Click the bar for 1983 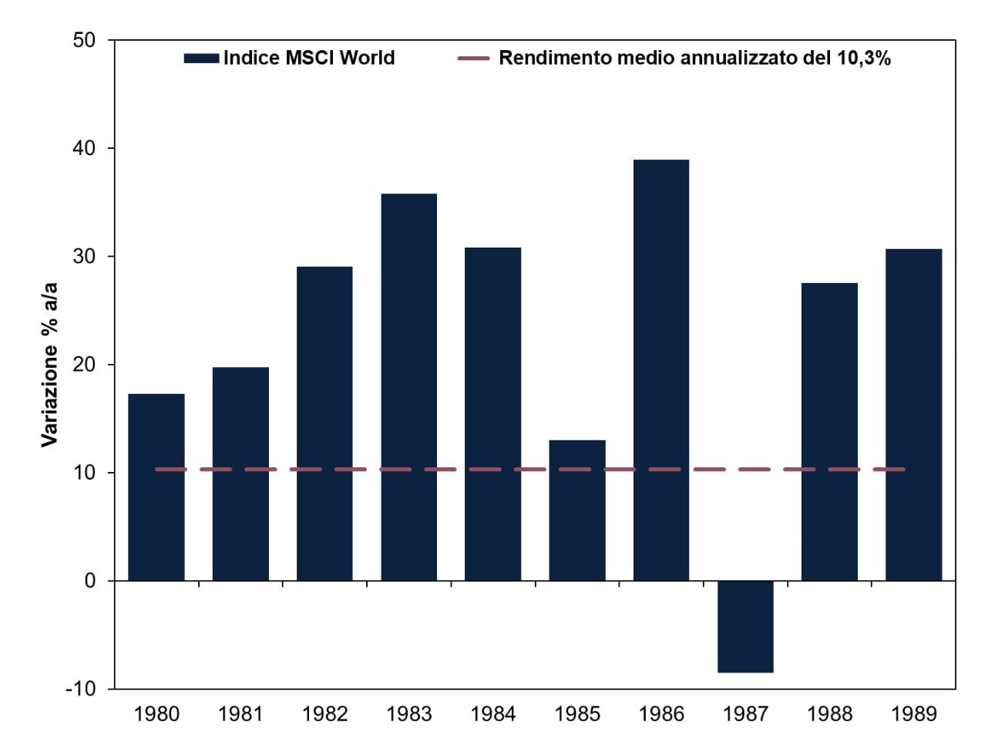tap(408, 386)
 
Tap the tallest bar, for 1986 tap(660, 369)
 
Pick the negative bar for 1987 tap(745, 626)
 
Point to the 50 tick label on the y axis tap(84, 40)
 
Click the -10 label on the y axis tap(80, 689)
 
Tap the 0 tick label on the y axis tap(90, 581)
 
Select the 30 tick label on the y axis tap(84, 256)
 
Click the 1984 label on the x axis tap(492, 714)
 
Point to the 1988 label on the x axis tap(829, 714)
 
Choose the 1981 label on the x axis tap(240, 714)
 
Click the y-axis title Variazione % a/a tap(49, 364)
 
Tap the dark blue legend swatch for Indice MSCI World tap(201, 59)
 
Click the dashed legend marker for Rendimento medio tap(473, 59)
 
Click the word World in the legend tap(367, 58)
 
